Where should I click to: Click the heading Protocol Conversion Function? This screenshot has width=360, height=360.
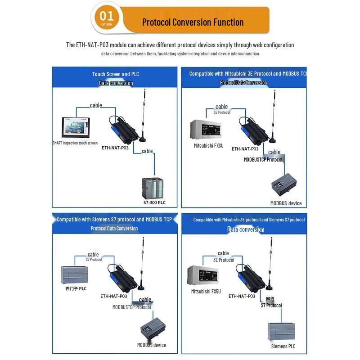point(193,22)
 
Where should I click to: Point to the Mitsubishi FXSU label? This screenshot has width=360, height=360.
point(209,146)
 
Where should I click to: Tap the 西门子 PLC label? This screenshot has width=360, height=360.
point(76,288)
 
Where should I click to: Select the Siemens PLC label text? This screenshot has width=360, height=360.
point(283,346)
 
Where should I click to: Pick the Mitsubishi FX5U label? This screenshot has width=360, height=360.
point(206,291)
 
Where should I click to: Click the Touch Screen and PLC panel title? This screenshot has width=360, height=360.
point(116,74)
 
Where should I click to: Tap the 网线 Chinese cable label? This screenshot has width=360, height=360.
point(270,298)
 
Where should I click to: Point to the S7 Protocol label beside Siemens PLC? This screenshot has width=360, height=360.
point(271,306)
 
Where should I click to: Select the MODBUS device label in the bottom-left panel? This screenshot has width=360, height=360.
point(152,345)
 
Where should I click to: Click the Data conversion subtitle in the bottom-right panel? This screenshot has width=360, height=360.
point(246,229)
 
